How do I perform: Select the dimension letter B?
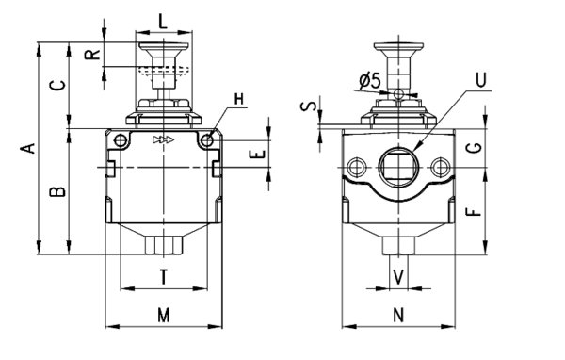(x=57, y=192)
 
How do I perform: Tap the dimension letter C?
(x=57, y=86)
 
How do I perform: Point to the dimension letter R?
(x=92, y=54)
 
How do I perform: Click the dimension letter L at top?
(x=163, y=22)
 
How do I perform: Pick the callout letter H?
(x=239, y=99)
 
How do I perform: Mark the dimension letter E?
(x=257, y=155)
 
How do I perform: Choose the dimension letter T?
(x=164, y=277)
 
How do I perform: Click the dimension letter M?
(x=164, y=316)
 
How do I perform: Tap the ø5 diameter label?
(x=370, y=81)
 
